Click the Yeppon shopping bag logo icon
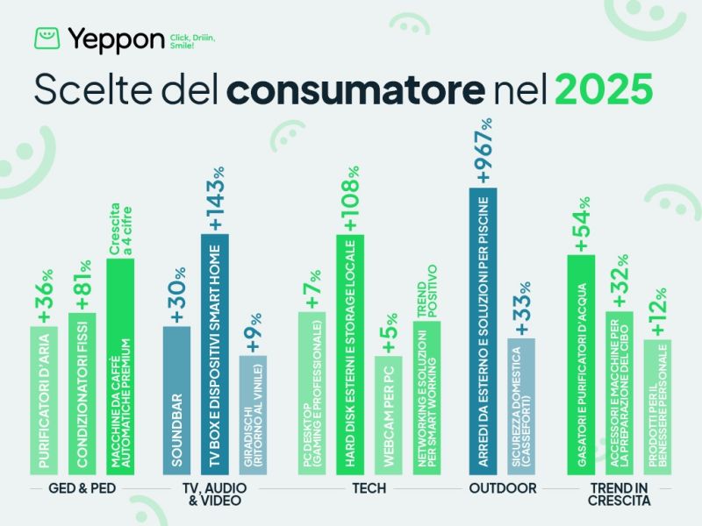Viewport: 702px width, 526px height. click(47, 39)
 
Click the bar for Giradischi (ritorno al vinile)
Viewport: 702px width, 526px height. click(253, 416)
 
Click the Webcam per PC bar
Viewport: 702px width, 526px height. click(388, 416)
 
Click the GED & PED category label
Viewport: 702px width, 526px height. click(85, 487)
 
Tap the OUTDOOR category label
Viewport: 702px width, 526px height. click(503, 487)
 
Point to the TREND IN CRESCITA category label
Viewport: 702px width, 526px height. click(620, 494)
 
